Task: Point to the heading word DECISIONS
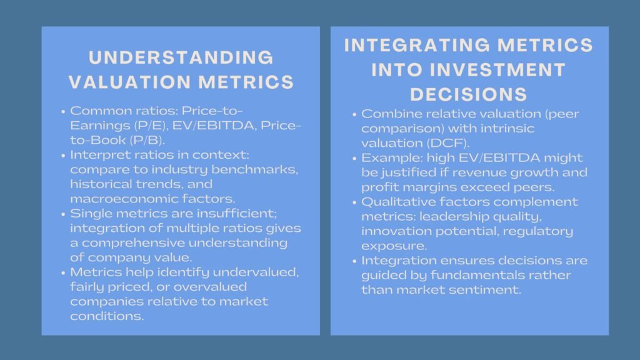(469, 94)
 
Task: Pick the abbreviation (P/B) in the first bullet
(134, 141)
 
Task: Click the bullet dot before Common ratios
(64, 113)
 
